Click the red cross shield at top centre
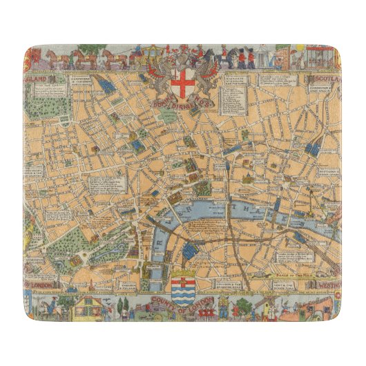point(182,84)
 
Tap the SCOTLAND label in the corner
point(324,79)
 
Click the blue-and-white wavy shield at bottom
point(183,289)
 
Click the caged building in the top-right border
point(323,56)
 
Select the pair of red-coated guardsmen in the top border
point(246,59)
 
